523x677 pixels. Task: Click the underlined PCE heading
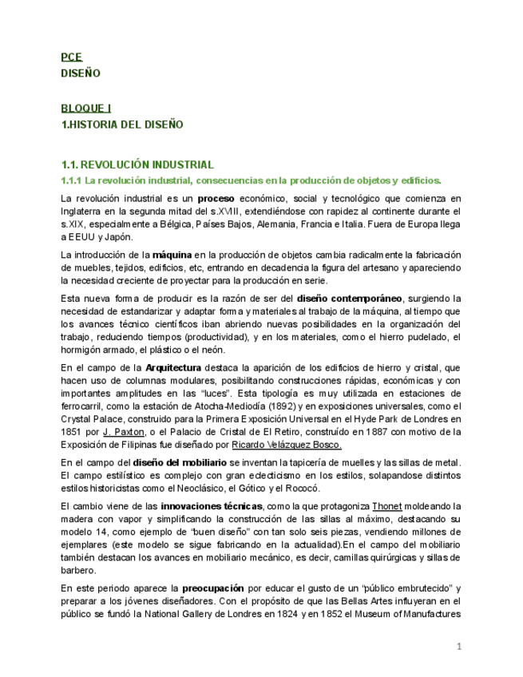(71, 57)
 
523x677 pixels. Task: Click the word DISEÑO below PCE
(81, 73)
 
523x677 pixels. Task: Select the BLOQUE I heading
(86, 109)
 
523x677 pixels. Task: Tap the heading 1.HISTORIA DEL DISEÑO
(122, 125)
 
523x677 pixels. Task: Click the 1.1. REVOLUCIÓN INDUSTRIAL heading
(137, 164)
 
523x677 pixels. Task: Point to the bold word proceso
(216, 198)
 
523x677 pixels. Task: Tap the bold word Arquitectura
(173, 367)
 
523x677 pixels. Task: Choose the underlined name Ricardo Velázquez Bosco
(286, 445)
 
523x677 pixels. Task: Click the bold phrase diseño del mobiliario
(180, 462)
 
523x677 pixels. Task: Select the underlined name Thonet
(387, 506)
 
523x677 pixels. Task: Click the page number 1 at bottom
(459, 647)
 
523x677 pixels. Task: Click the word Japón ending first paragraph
(118, 236)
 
